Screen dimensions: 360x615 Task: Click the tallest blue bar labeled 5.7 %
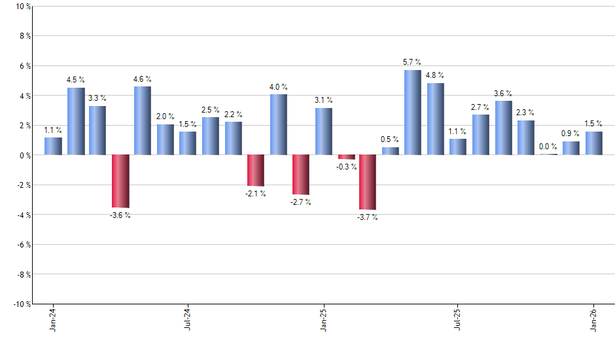coord(413,113)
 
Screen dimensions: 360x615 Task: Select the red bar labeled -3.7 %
coord(368,182)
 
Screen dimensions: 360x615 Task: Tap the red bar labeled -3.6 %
coord(120,181)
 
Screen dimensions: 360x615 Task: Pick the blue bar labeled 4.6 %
coord(143,120)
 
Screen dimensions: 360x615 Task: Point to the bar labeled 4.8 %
coord(435,119)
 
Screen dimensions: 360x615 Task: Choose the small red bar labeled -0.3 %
coord(345,157)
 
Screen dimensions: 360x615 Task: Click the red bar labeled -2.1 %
coord(256,170)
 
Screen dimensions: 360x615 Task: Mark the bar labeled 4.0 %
coord(278,124)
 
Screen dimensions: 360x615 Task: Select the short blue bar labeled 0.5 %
coord(390,151)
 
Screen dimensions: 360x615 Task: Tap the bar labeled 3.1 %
coord(323,132)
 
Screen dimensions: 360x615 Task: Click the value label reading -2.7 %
coord(300,202)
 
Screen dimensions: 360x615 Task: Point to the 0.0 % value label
coord(548,147)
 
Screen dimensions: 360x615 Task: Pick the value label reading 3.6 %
coord(503,94)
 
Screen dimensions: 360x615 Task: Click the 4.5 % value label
coord(76,80)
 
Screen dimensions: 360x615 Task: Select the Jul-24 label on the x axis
coord(188,319)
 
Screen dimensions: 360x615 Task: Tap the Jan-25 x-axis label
coord(323,319)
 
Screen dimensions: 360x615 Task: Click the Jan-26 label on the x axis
coord(593,319)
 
